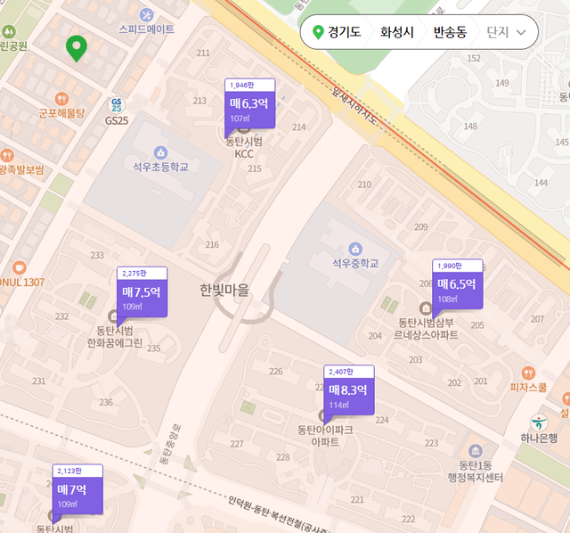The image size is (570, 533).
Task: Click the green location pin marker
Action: pos(77,48)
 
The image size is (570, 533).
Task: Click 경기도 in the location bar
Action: pos(338,33)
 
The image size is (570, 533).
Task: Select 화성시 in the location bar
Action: pos(397,33)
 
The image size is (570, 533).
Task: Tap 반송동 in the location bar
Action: pos(450,33)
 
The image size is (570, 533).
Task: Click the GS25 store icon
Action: pos(117,106)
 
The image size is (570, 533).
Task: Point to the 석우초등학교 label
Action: pos(160,167)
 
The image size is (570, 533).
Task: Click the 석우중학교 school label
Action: pos(355,264)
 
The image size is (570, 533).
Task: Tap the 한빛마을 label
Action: pos(225,290)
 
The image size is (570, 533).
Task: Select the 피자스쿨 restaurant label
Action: pos(528,387)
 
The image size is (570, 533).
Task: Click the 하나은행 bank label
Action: pos(539,438)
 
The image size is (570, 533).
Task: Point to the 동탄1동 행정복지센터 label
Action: pos(475,471)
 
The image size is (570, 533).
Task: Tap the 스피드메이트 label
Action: pos(147,29)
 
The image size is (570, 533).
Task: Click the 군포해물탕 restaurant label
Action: pos(61,113)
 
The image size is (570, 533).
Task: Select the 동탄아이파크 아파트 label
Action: pos(325,435)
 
